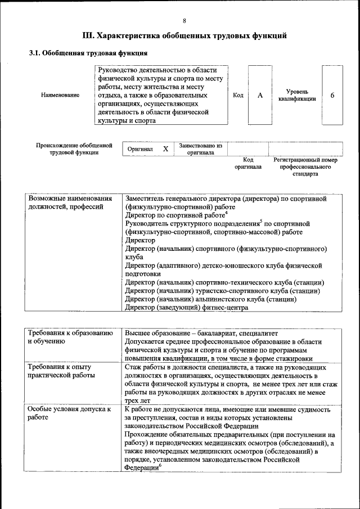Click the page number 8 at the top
pos(184,21)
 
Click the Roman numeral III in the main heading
pos(89,36)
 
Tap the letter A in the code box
pos(260,96)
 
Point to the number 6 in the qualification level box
pos(332,96)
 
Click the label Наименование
pos(60,96)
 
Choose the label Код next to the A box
pos(238,96)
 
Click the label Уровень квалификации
pos(296,95)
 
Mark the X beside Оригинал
pos(165,149)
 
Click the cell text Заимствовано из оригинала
pos(200,149)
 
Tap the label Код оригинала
pos(248,164)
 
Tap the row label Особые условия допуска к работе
pos(69,413)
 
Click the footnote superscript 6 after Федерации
pos(160,464)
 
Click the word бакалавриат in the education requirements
pos(218,334)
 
